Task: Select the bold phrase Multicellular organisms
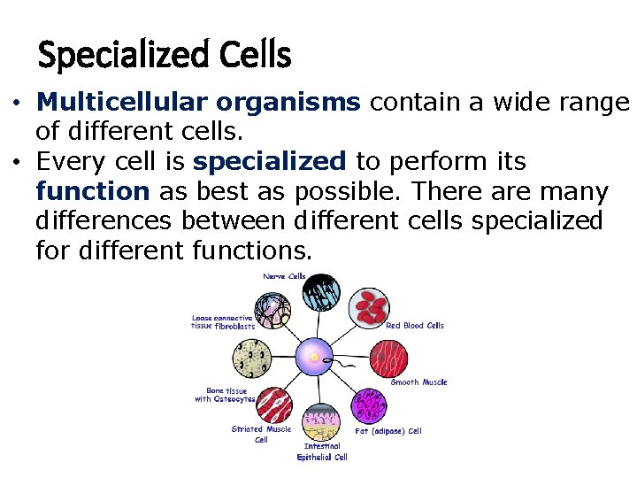198,103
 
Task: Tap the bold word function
93,192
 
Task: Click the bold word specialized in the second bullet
269,162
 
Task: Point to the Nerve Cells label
284,276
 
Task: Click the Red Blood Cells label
415,326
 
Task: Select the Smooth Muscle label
418,382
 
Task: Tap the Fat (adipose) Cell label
388,431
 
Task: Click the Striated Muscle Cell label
261,434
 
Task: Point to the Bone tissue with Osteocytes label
225,395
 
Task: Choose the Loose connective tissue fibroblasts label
223,322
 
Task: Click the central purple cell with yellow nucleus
314,358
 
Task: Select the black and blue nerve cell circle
322,292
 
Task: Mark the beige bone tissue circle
250,358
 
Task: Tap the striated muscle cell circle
275,405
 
